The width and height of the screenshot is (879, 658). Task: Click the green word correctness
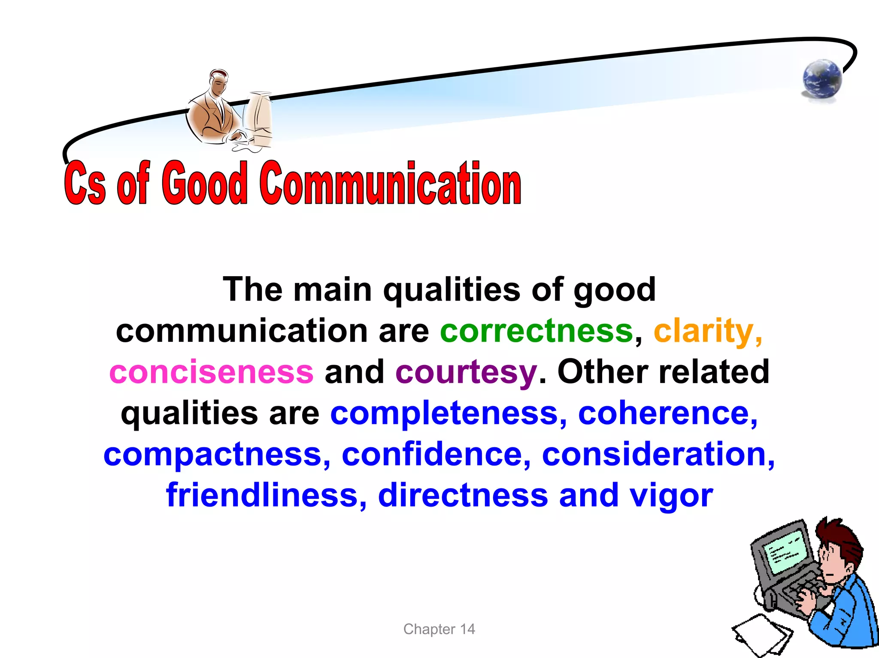536,331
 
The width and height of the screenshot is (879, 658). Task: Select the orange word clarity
704,331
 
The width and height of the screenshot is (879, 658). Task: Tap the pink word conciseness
211,372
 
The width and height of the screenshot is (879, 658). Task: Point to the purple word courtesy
466,372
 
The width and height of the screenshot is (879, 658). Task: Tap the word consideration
655,454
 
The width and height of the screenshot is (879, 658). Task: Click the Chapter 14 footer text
439,629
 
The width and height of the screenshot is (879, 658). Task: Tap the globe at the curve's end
822,79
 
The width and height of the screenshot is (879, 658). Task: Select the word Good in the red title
205,183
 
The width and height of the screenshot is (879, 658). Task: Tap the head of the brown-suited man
219,81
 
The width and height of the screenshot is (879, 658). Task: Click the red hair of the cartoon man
839,536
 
